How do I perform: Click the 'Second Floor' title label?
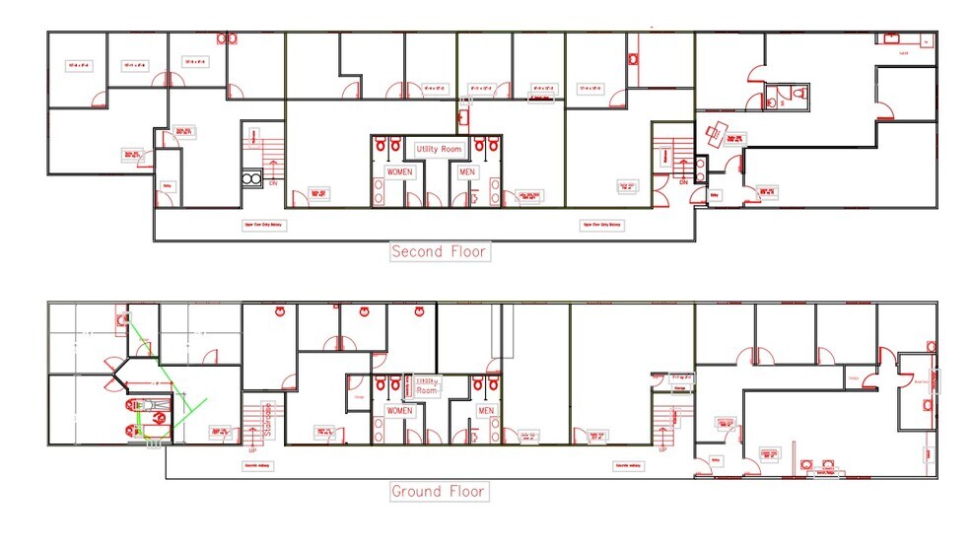[440, 251]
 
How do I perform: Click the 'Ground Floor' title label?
[440, 491]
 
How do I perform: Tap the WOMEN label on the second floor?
[400, 171]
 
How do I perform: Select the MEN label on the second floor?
[466, 171]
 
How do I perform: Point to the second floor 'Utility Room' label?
[438, 149]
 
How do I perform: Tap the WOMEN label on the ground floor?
[399, 410]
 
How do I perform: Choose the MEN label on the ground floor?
[486, 410]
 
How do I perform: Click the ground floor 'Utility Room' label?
[428, 385]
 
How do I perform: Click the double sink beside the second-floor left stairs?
[251, 179]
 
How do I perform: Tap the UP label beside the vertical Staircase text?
[252, 448]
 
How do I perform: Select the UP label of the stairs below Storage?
[662, 449]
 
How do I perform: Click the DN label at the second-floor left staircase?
[273, 183]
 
